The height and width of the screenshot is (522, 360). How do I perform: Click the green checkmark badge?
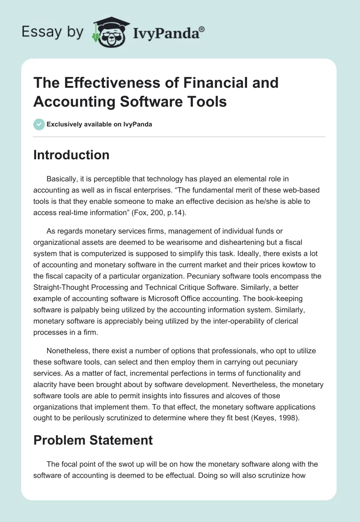[x=39, y=124]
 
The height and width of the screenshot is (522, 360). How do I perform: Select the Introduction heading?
[x=71, y=155]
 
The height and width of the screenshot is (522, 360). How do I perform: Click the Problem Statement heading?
[x=93, y=440]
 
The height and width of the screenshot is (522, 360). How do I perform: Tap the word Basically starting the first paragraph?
[x=63, y=179]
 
